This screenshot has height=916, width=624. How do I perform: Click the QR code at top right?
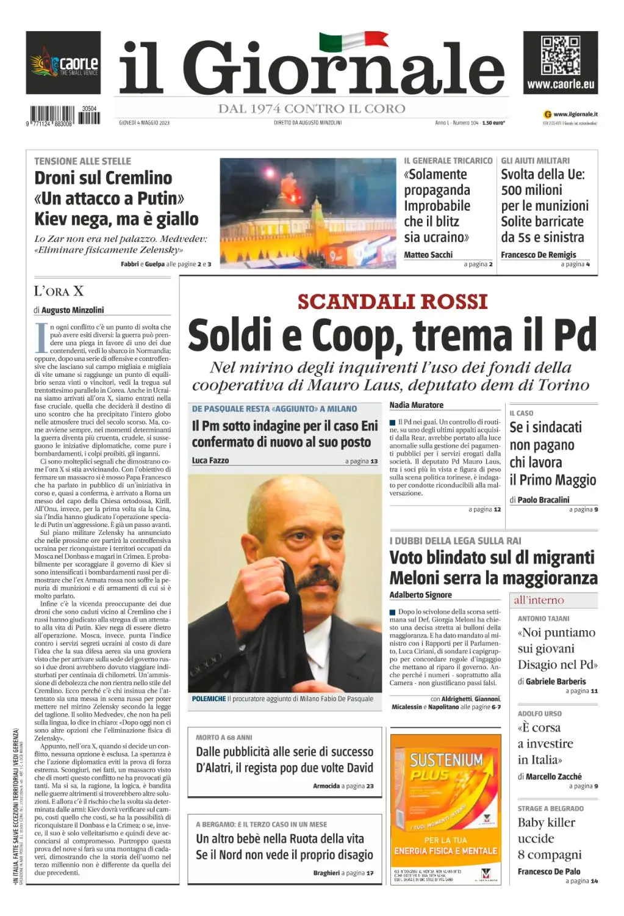tap(561, 56)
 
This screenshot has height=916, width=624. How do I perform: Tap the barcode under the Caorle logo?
tap(65, 115)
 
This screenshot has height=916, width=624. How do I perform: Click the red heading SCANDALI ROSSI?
tap(392, 302)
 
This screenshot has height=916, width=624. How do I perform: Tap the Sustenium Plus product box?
tap(446, 800)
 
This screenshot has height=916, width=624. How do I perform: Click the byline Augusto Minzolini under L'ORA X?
tap(73, 310)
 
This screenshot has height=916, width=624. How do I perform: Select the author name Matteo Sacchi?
tap(428, 255)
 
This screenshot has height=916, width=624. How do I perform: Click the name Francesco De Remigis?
tap(538, 255)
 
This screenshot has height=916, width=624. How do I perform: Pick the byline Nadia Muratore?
tap(417, 405)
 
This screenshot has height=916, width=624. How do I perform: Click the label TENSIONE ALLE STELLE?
tap(82, 161)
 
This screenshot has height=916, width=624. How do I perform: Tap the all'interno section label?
tap(539, 600)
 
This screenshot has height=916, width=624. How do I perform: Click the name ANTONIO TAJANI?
tap(543, 619)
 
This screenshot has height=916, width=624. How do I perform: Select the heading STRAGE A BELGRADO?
tap(550, 809)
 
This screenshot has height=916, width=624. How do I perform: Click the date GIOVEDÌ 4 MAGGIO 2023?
tap(144, 123)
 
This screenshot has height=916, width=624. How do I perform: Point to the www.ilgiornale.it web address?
tap(575, 114)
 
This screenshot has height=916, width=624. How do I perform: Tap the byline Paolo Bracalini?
tap(543, 500)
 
